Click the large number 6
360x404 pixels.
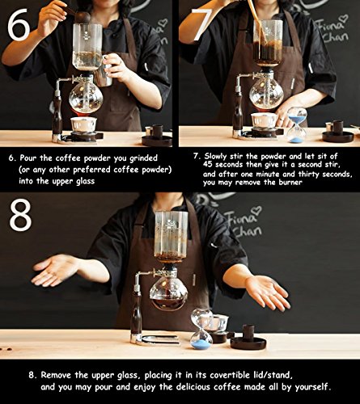click(19, 25)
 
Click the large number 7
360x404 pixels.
click(201, 25)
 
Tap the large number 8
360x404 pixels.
click(20, 216)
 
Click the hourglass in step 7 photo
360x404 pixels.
click(297, 124)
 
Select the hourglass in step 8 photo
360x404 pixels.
click(201, 329)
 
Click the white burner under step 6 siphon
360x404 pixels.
click(83, 124)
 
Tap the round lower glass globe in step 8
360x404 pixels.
click(169, 293)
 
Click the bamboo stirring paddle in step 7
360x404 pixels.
click(258, 23)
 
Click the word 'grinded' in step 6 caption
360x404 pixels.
click(143, 158)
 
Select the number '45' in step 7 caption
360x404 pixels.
click(208, 164)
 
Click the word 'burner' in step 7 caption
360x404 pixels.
click(290, 183)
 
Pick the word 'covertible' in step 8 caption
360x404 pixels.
click(230, 375)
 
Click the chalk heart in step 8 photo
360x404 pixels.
click(256, 211)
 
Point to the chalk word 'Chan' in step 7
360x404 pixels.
click(336, 37)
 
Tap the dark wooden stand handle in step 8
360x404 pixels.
click(136, 317)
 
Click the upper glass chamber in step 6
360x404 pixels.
click(87, 47)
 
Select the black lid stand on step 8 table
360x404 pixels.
click(248, 339)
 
